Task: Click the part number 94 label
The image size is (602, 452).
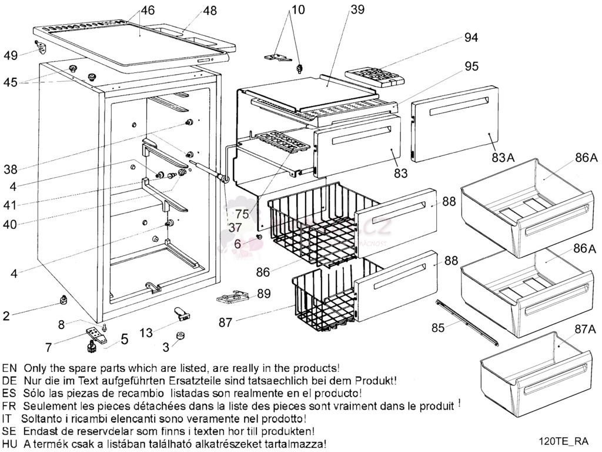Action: point(470,38)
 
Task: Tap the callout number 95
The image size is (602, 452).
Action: point(472,67)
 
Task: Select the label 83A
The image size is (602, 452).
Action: point(503,158)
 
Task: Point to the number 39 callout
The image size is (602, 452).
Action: point(357,9)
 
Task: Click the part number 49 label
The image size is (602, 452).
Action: point(11,55)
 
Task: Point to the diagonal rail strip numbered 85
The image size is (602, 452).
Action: point(468,322)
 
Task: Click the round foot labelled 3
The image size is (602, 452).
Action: point(181,337)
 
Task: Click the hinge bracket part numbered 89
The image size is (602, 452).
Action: point(230,297)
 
